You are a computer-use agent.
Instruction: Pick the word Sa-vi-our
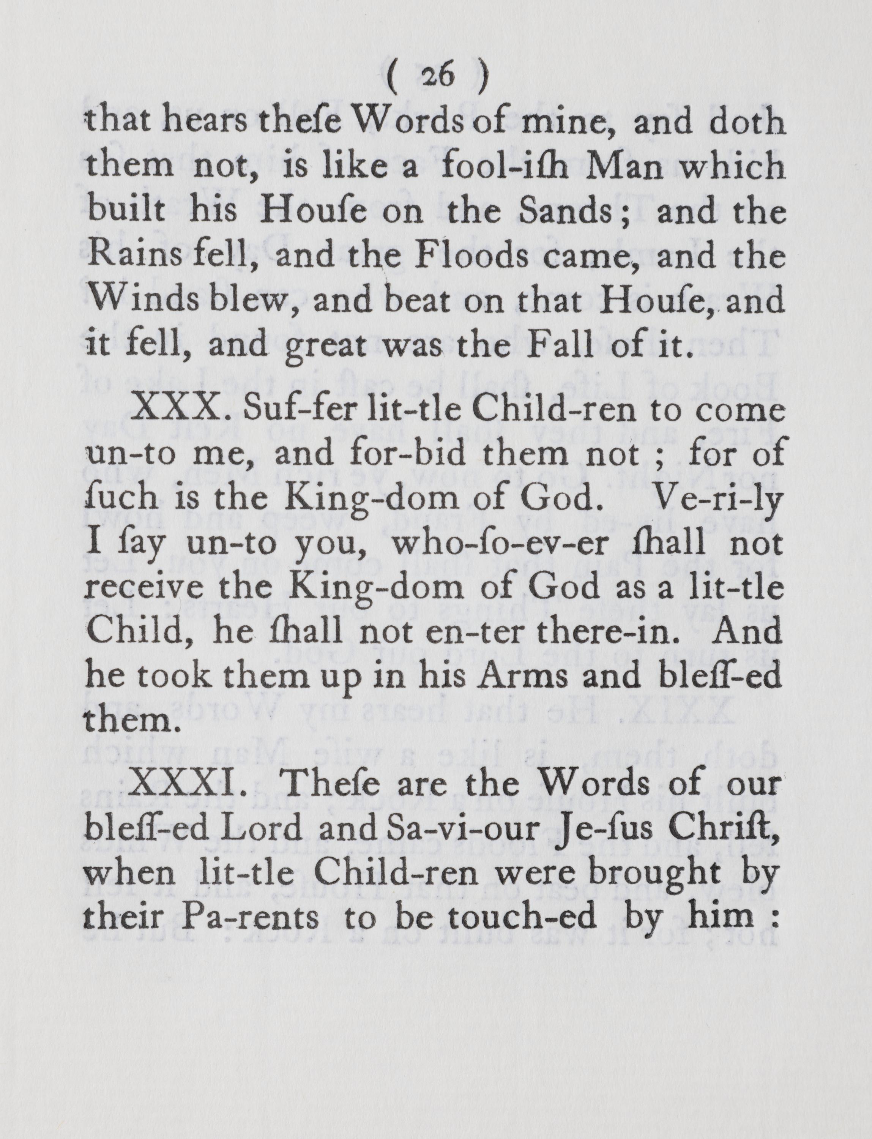[x=454, y=829]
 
